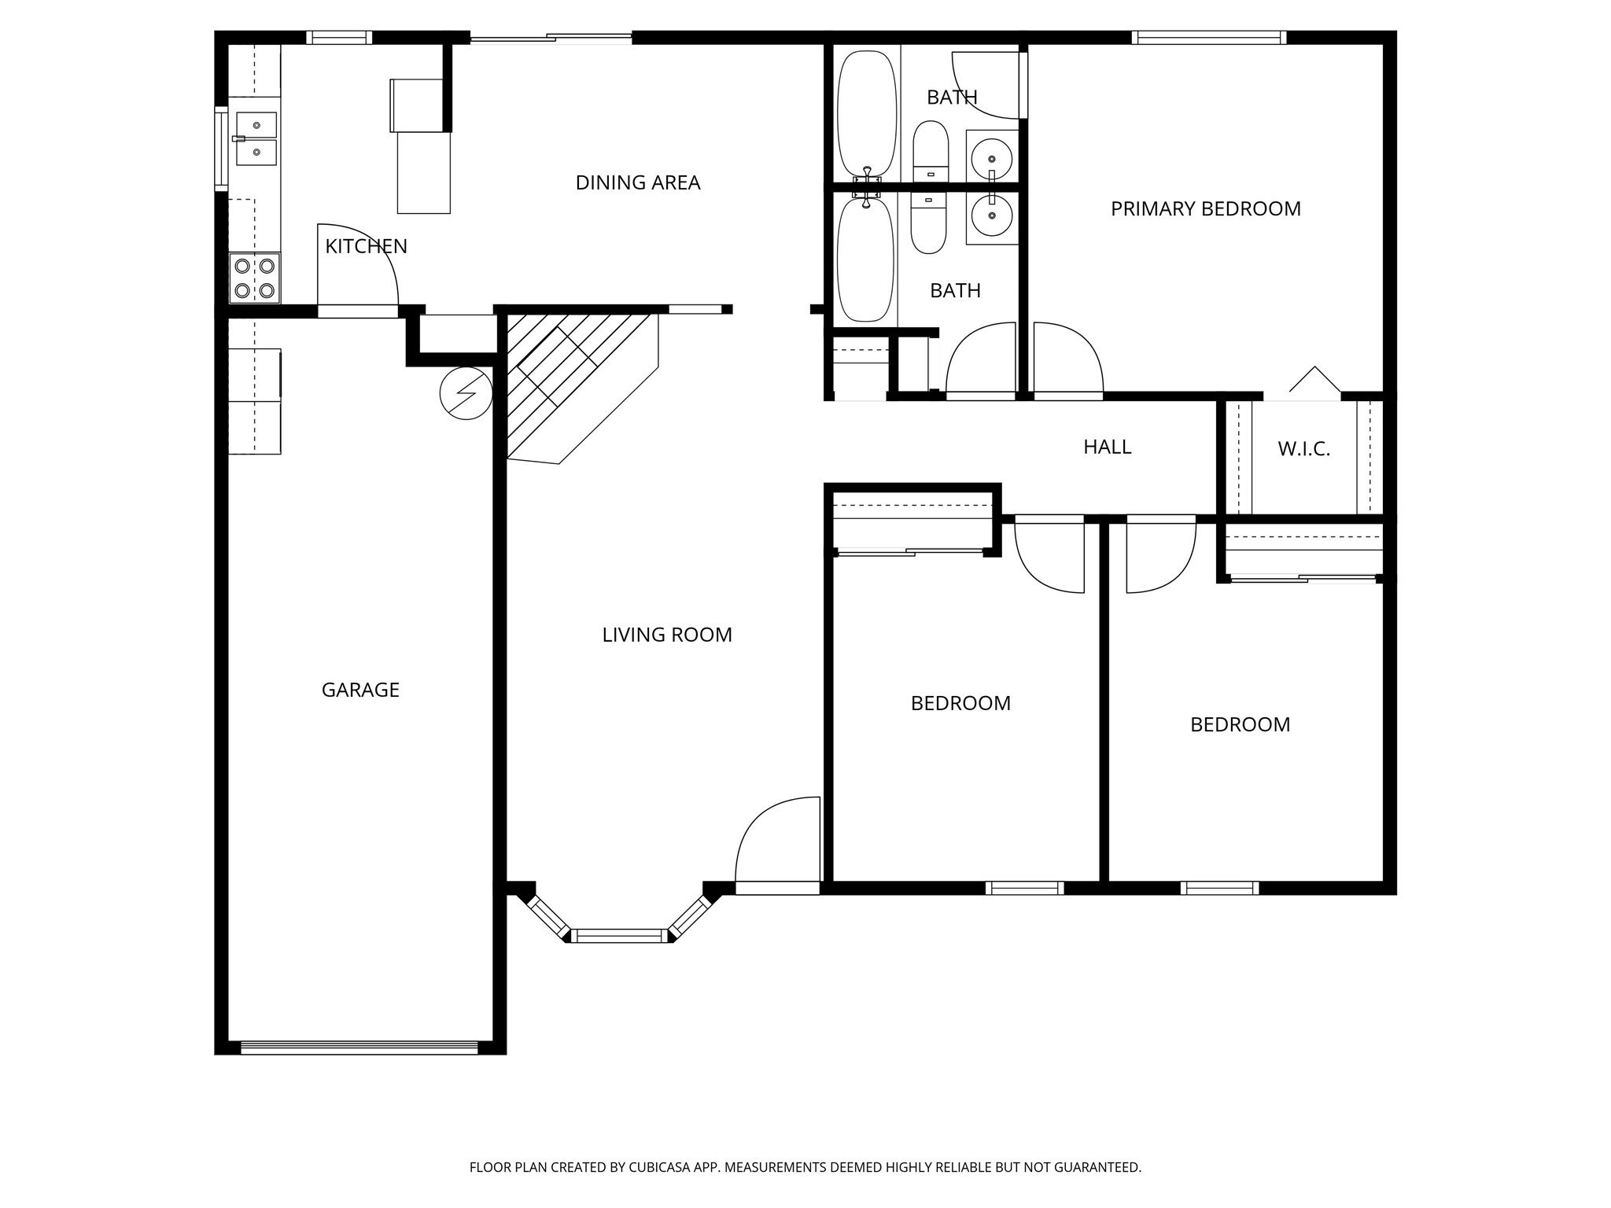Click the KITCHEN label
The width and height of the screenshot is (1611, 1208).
(366, 246)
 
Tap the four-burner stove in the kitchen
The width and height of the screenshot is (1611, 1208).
(255, 278)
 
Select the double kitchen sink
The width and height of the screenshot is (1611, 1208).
(256, 138)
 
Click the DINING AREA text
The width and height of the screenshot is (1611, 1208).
(637, 182)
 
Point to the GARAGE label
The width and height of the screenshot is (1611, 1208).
(360, 690)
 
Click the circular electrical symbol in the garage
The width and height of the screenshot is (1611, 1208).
(466, 392)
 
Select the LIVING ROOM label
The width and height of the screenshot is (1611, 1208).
(666, 635)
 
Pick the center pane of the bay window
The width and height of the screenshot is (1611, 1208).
(618, 935)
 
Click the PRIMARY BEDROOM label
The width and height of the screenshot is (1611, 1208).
(1205, 209)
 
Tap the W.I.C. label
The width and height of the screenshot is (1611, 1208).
(1303, 449)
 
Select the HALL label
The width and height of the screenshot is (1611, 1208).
(1107, 447)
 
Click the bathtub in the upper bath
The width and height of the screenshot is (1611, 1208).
(866, 114)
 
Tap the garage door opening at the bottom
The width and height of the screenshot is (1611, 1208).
(359, 1047)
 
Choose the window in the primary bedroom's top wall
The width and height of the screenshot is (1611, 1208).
(1208, 37)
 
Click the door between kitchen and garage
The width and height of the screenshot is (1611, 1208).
(358, 311)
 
